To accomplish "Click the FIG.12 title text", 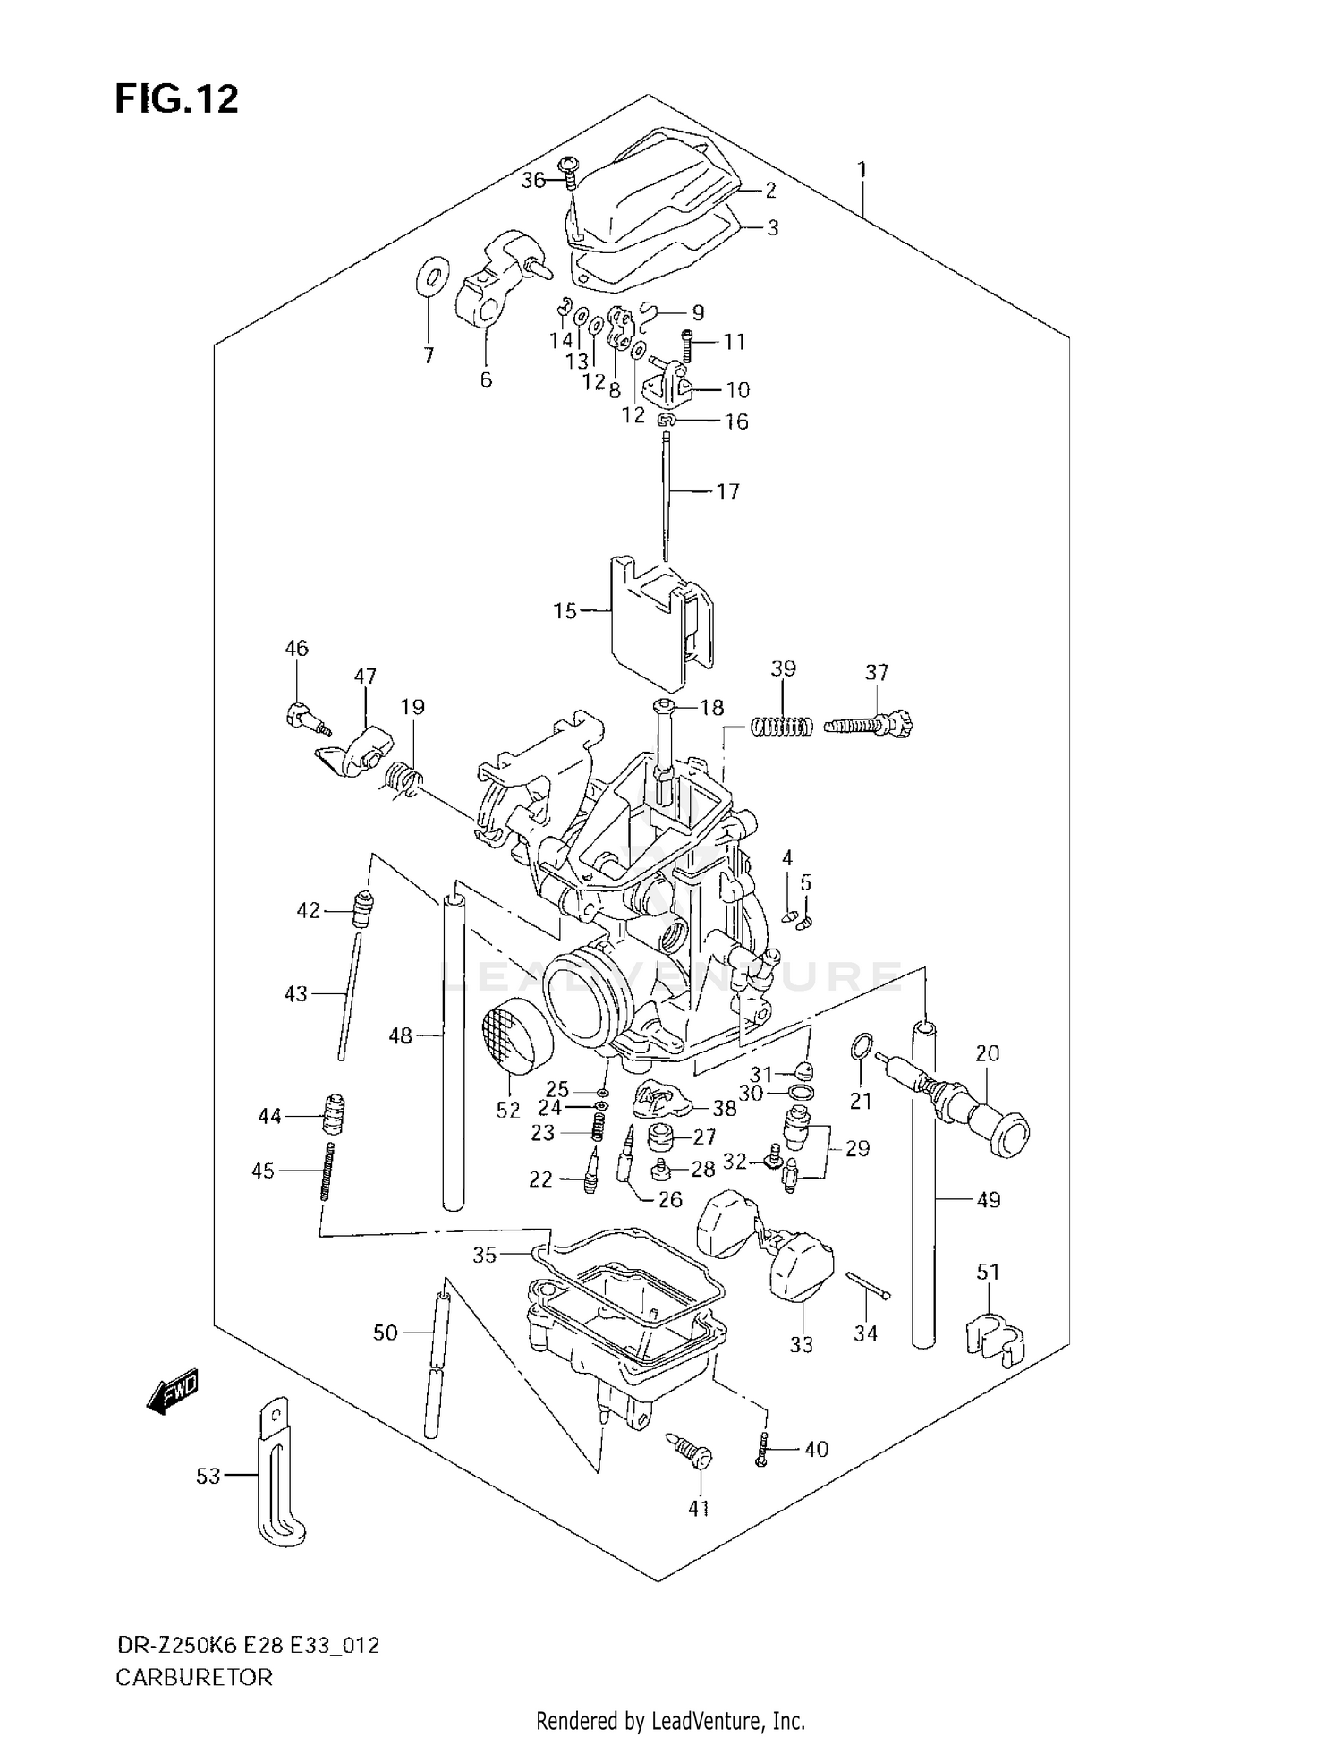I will click(x=176, y=99).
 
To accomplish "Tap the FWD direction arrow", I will click(x=172, y=1392).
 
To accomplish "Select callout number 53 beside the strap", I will click(x=208, y=1476).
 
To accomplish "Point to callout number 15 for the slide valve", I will click(x=565, y=611).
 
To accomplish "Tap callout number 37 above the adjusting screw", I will click(x=877, y=672).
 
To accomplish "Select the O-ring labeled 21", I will click(x=860, y=1045).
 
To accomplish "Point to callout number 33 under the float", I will click(x=801, y=1344).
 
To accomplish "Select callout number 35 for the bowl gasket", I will click(x=484, y=1256).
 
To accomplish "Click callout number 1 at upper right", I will click(x=862, y=169).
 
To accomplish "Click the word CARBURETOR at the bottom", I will click(x=193, y=1677).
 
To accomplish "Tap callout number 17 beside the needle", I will click(x=727, y=491).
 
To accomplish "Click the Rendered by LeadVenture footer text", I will click(x=670, y=1720).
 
